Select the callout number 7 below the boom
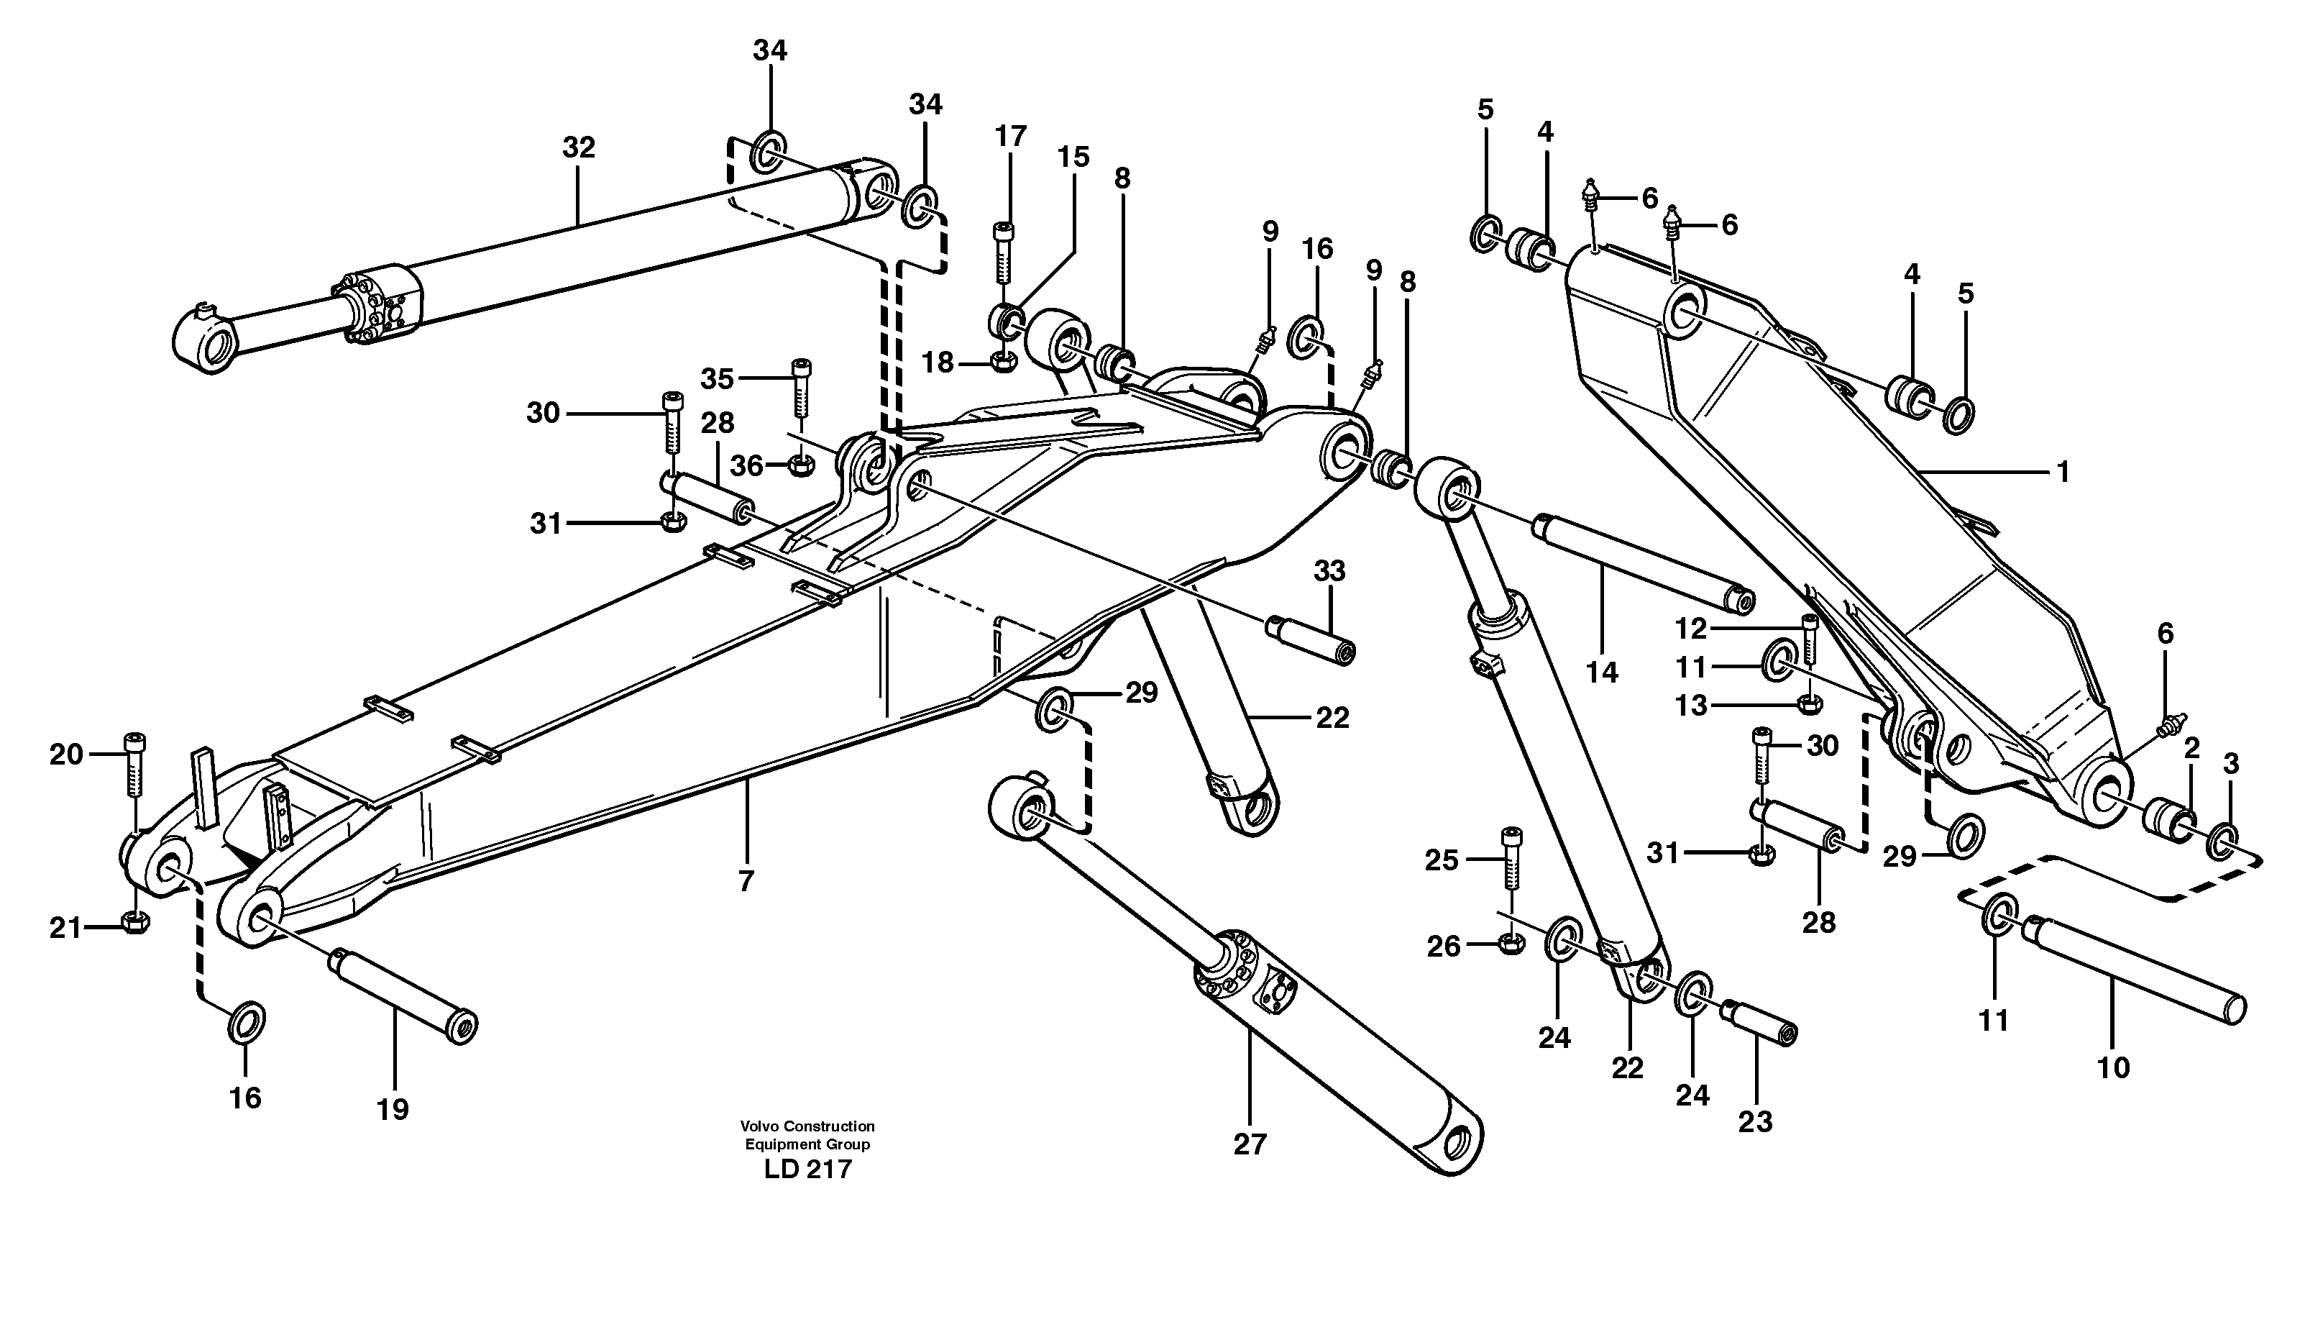(x=746, y=882)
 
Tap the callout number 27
(x=1250, y=1144)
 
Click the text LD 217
(x=807, y=1170)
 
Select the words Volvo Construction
(x=807, y=1126)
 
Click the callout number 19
(x=393, y=1110)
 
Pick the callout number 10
(x=2114, y=1067)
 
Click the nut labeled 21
(x=134, y=923)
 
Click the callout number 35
(x=718, y=378)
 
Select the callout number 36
(x=746, y=466)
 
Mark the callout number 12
(x=1691, y=628)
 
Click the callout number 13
(x=1691, y=706)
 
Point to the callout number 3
(x=2231, y=764)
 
